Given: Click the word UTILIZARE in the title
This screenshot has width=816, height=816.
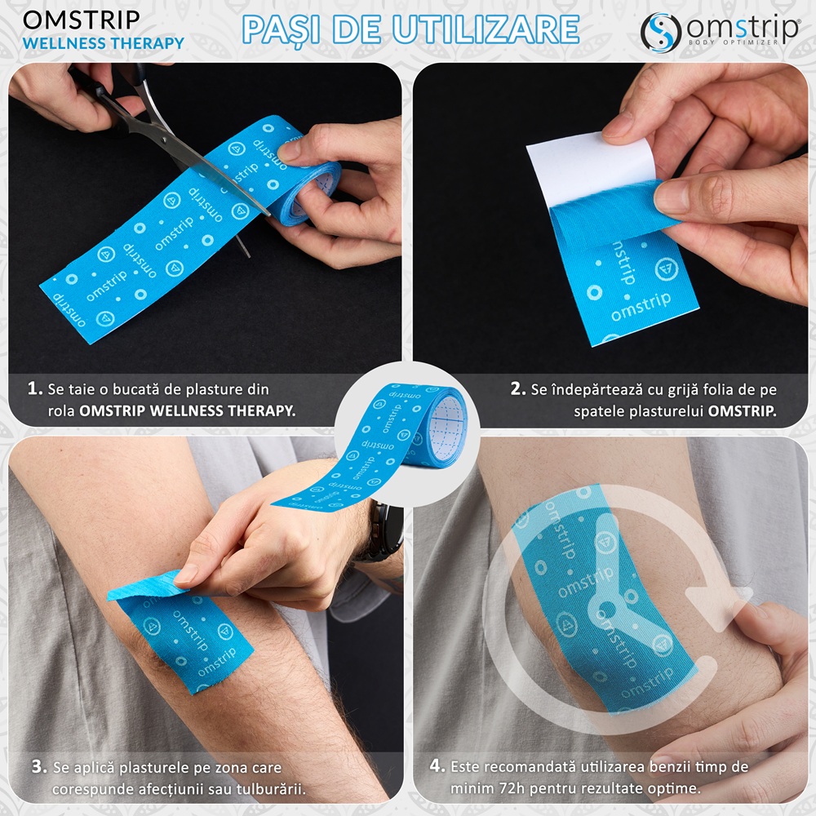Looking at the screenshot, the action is pos(486,29).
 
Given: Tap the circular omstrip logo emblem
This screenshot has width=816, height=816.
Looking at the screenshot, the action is pos(661,33).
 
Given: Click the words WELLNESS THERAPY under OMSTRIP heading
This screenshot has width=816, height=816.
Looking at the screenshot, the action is pos(104,43).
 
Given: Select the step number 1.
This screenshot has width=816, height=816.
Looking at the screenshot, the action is pos(34,388).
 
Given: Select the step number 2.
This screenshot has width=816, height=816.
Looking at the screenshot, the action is pos(517,388).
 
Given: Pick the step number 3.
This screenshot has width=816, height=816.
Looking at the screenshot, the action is pos(39,766).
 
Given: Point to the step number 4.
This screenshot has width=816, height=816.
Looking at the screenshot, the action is pos(437,765).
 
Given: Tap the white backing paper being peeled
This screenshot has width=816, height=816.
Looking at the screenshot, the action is pos(591,166).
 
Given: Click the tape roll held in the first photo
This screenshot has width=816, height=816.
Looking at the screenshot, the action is pos(307,193).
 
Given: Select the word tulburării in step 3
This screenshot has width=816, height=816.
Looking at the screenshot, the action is pos(271,789).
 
